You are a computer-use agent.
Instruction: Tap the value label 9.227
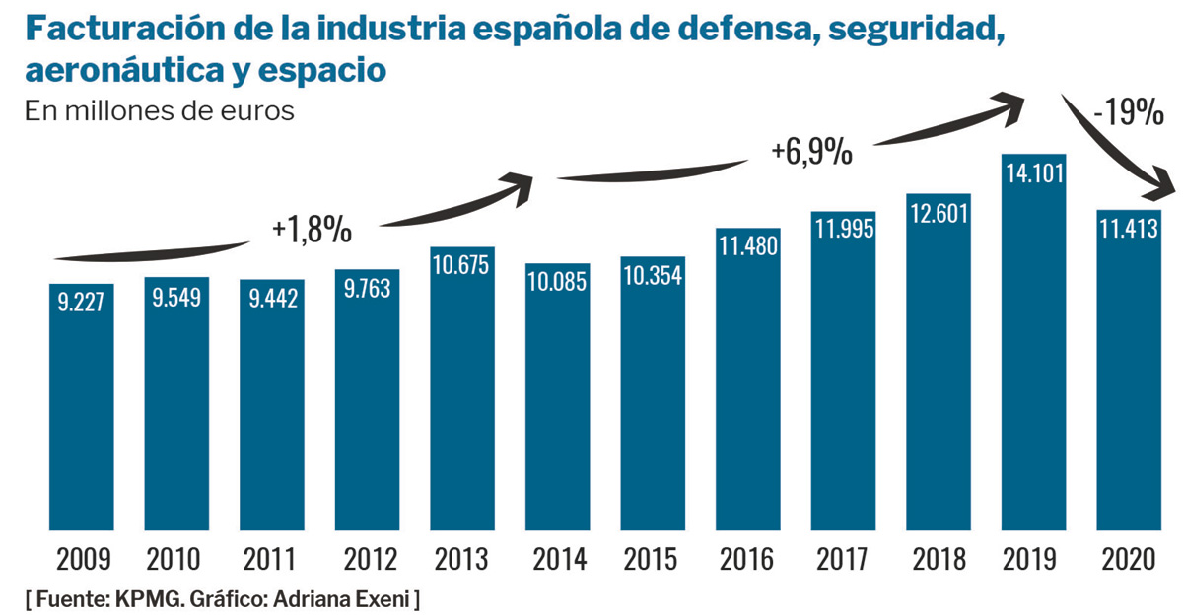point(81,303)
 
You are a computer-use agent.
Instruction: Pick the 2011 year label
point(271,559)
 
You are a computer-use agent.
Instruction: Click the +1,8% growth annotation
point(313,229)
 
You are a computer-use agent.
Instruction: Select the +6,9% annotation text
point(811,152)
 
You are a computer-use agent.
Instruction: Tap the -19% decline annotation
point(1129,113)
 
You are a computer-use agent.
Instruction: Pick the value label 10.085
point(558,283)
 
